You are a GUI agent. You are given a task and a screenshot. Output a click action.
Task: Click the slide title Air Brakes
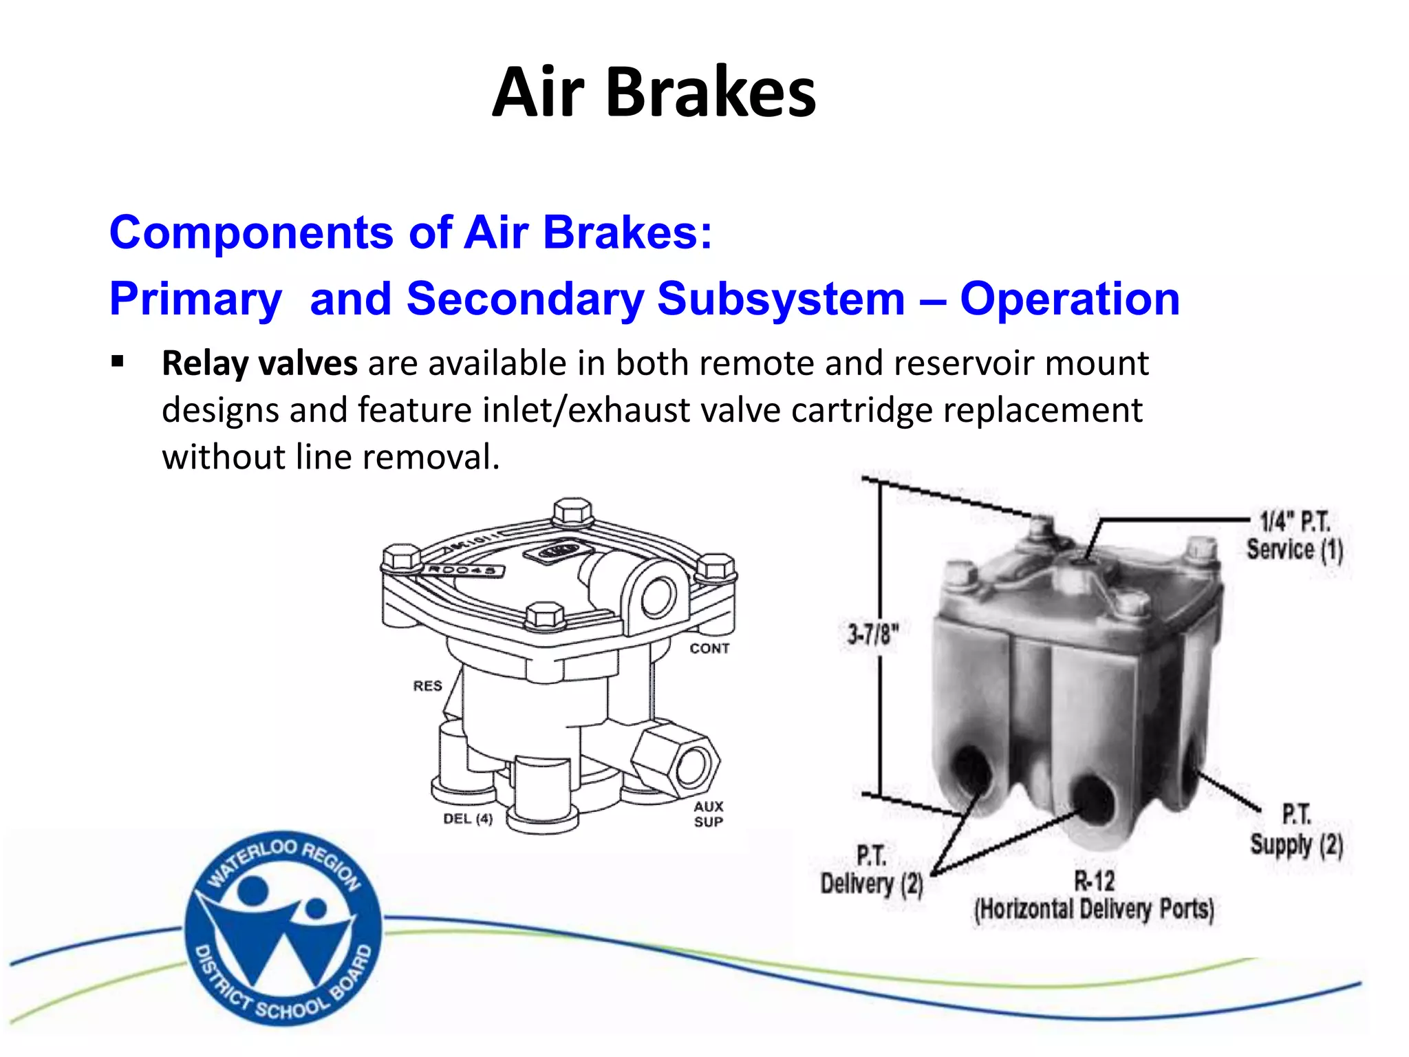pyautogui.click(x=654, y=93)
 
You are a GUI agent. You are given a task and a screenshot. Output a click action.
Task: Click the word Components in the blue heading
pyautogui.click(x=250, y=233)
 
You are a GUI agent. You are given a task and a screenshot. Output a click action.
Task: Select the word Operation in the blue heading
pyautogui.click(x=1070, y=299)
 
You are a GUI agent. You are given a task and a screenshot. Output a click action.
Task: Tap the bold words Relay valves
pyautogui.click(x=259, y=363)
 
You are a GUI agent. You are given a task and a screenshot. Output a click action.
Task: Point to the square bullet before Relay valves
pyautogui.click(x=118, y=361)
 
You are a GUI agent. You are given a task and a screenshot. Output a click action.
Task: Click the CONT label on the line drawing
pyautogui.click(x=709, y=648)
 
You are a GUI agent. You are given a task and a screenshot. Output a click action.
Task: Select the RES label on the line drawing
pyautogui.click(x=427, y=686)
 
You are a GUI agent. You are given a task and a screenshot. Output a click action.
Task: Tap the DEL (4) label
pyautogui.click(x=468, y=819)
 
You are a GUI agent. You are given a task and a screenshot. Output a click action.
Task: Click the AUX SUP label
pyautogui.click(x=709, y=814)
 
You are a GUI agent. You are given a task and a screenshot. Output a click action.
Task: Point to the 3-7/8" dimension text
pyautogui.click(x=872, y=634)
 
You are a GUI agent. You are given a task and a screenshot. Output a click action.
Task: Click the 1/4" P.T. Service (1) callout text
pyautogui.click(x=1295, y=537)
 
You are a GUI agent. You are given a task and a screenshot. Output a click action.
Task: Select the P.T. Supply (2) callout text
pyautogui.click(x=1296, y=831)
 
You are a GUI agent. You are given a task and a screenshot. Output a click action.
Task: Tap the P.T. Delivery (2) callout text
pyautogui.click(x=872, y=871)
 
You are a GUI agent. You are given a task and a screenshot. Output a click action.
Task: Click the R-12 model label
pyautogui.click(x=1094, y=881)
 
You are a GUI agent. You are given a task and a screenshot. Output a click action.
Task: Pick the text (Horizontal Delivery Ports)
pyautogui.click(x=1094, y=910)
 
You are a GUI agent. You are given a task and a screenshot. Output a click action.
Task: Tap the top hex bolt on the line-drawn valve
pyautogui.click(x=572, y=511)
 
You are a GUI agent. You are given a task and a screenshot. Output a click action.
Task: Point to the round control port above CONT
pyautogui.click(x=657, y=597)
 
